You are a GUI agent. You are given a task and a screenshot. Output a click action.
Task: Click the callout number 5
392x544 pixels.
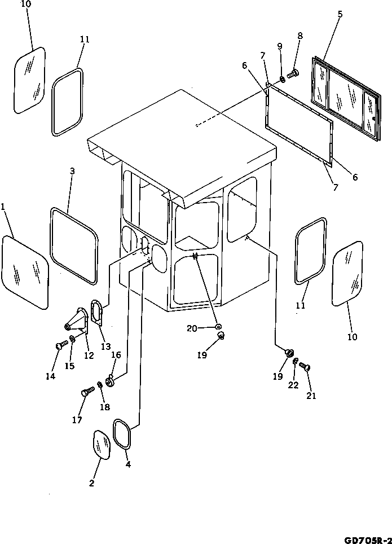(340, 15)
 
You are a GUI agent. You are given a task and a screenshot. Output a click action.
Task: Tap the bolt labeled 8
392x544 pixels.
(293, 73)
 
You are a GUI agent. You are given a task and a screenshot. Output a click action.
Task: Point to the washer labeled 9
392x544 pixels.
(282, 78)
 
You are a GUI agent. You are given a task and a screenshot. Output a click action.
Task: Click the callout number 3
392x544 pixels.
(72, 171)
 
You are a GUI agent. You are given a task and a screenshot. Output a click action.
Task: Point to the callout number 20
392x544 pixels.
(193, 328)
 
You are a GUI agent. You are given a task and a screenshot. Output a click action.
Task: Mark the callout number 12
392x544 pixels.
(89, 356)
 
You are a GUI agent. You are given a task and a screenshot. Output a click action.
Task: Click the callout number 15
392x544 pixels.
(69, 365)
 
